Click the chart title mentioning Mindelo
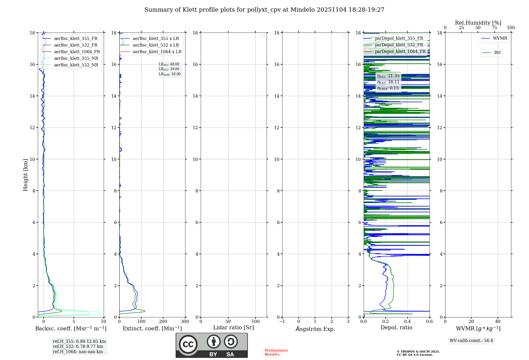point(264,10)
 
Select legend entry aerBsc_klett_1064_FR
point(77,52)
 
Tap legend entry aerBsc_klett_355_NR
point(76,58)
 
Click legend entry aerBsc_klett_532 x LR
point(156,45)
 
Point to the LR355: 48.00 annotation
point(169,64)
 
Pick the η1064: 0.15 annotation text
point(388,88)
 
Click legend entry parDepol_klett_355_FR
point(399,38)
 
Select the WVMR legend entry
point(500,38)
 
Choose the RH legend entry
point(497,53)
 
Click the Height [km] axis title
point(25,175)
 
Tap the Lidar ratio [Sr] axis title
point(234,327)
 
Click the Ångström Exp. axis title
point(315,329)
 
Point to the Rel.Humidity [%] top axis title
point(478,23)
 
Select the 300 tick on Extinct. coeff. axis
point(185,321)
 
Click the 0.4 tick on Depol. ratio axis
point(408,321)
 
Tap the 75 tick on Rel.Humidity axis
point(494,28)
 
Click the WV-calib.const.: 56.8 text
point(471,341)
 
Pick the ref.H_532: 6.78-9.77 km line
point(78,346)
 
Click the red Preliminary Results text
point(276,352)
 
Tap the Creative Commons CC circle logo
point(188,344)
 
